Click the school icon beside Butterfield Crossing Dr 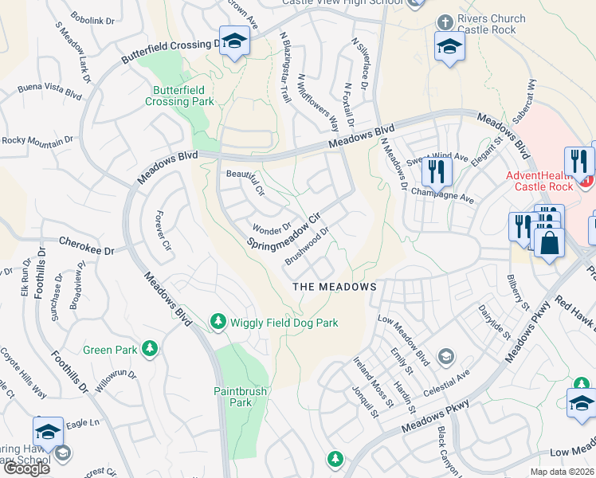click(x=234, y=41)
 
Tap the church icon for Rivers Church click(x=445, y=19)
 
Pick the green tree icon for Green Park click(x=148, y=349)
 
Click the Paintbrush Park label click(x=233, y=397)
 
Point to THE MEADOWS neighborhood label click(x=334, y=286)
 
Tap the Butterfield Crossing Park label click(x=179, y=96)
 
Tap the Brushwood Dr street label click(x=307, y=248)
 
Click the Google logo click(x=26, y=468)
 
